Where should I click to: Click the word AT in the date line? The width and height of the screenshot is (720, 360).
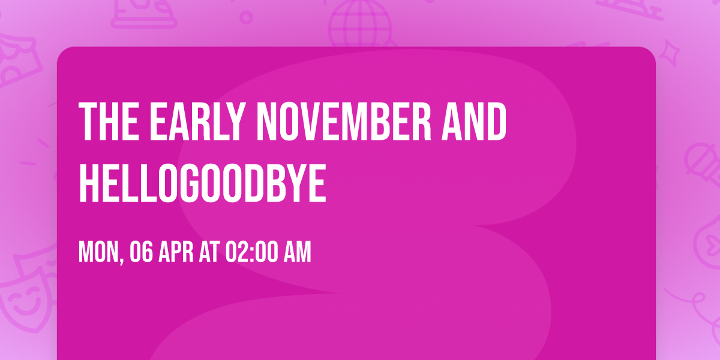pos(209,253)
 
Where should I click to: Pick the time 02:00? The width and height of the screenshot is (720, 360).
pos(250,253)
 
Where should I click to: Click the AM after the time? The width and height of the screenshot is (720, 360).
pos(296,253)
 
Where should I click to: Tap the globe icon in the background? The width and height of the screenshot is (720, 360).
pos(358,24)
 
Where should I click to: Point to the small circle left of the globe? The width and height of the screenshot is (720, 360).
pos(247,17)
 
